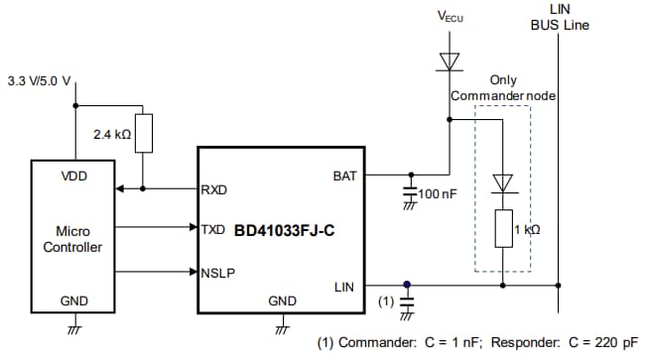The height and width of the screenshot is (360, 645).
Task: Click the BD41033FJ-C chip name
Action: (x=286, y=229)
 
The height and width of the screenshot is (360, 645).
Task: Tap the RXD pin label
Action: (x=213, y=188)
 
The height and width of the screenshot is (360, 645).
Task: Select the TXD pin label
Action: (x=213, y=228)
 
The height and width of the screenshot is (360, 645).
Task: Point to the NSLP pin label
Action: (x=216, y=269)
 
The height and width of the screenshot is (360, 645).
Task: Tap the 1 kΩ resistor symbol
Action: (x=503, y=228)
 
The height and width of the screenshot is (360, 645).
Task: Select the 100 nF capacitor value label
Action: (x=437, y=194)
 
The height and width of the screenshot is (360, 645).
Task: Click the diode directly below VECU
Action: (x=451, y=61)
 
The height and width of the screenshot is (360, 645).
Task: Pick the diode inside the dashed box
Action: (x=503, y=181)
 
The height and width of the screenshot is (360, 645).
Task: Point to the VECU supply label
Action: (x=452, y=18)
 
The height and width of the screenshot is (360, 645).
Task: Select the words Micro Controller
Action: (x=72, y=238)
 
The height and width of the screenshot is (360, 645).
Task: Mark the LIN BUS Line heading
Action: (x=559, y=17)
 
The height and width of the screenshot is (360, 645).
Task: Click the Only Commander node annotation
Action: (x=503, y=87)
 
